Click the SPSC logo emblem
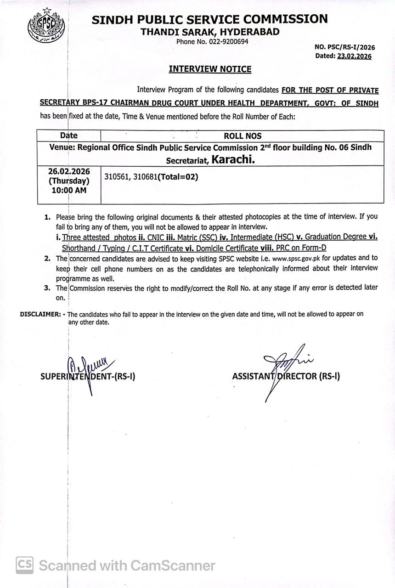(46, 27)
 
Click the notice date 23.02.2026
(354, 56)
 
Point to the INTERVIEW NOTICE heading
(210, 69)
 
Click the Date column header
(69, 136)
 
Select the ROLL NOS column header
(242, 136)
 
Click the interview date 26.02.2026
(69, 171)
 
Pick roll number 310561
(117, 176)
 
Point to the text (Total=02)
(178, 176)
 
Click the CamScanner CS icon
(24, 565)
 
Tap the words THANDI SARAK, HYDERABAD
(210, 32)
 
